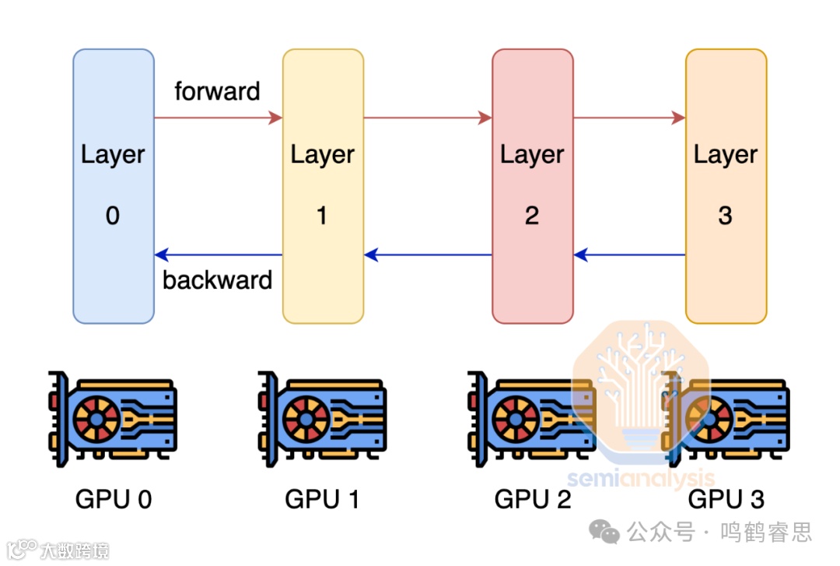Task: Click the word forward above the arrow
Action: pos(217,92)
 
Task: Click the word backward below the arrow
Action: pos(217,280)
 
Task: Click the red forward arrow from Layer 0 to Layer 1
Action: pos(218,118)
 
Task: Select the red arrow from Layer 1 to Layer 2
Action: pos(428,118)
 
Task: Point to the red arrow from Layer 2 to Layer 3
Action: pos(629,118)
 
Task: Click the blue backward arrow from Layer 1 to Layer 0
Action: pos(218,255)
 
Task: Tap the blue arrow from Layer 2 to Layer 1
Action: pos(428,255)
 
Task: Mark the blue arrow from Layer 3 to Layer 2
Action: pos(629,255)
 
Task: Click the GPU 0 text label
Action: pos(114,499)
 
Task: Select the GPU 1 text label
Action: pos(323,499)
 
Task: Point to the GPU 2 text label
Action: pos(533,499)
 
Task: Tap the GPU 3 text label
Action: pos(726,499)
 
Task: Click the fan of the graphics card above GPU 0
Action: pos(96,419)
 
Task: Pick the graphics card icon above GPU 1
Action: pos(322,418)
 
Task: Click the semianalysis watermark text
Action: pos(640,477)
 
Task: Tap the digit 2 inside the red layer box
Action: pos(532,216)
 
